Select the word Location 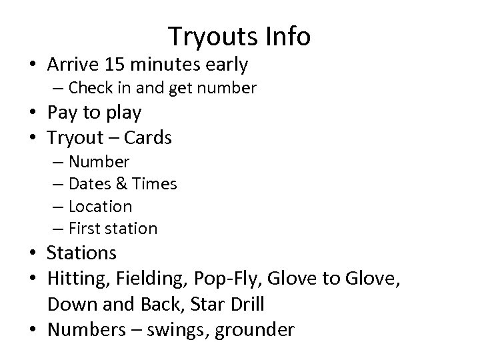point(101,206)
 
